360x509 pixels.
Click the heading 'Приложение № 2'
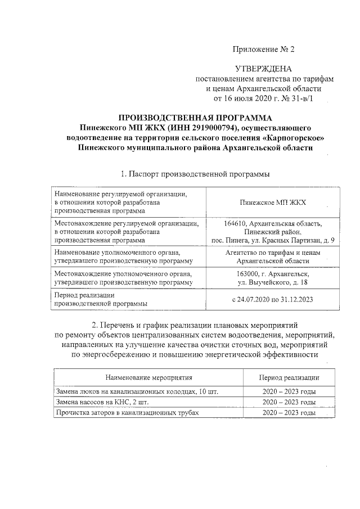tap(264, 49)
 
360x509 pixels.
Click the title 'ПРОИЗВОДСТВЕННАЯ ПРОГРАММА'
tap(195, 118)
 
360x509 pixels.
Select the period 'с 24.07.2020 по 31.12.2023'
tap(272, 299)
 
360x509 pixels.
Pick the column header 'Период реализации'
tap(289, 377)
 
